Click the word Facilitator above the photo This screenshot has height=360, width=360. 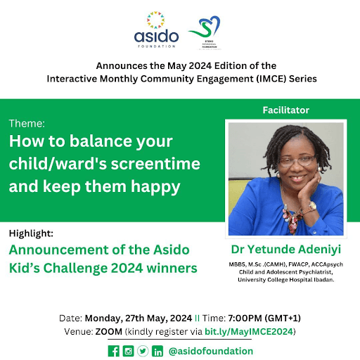[x=285, y=110]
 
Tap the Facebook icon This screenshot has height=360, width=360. [x=113, y=351]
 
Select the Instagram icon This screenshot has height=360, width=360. [x=128, y=351]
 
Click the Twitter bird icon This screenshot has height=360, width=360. [x=143, y=351]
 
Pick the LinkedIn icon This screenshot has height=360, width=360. [x=157, y=351]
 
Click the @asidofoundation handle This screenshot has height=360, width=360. [x=210, y=350]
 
